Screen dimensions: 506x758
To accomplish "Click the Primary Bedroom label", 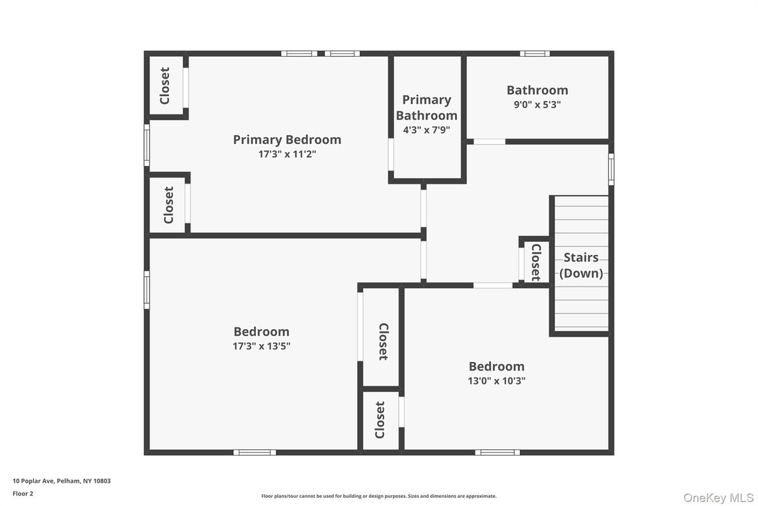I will click(287, 140).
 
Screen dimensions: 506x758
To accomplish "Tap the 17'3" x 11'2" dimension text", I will click(287, 154).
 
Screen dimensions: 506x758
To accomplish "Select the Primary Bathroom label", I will click(427, 108).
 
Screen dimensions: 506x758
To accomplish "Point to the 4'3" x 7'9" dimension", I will click(427, 130).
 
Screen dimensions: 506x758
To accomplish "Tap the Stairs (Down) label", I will click(581, 265).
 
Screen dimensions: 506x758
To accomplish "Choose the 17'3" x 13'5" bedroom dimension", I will click(261, 346).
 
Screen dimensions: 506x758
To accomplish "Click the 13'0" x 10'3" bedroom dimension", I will click(497, 381).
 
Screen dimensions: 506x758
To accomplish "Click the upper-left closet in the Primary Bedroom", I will click(165, 86).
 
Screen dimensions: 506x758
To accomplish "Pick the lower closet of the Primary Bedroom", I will click(168, 205).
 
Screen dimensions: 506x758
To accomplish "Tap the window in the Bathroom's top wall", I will click(534, 53).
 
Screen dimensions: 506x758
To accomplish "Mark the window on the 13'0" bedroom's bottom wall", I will click(497, 452).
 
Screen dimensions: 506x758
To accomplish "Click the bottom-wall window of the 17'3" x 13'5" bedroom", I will click(255, 452).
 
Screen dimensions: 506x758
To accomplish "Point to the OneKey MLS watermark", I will click(718, 498).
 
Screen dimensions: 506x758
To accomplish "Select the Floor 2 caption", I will click(23, 493).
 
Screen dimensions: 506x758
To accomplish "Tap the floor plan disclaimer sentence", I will click(378, 496).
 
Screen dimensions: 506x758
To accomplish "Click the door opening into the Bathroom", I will click(489, 142).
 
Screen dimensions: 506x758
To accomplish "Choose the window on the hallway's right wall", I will click(611, 169).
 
